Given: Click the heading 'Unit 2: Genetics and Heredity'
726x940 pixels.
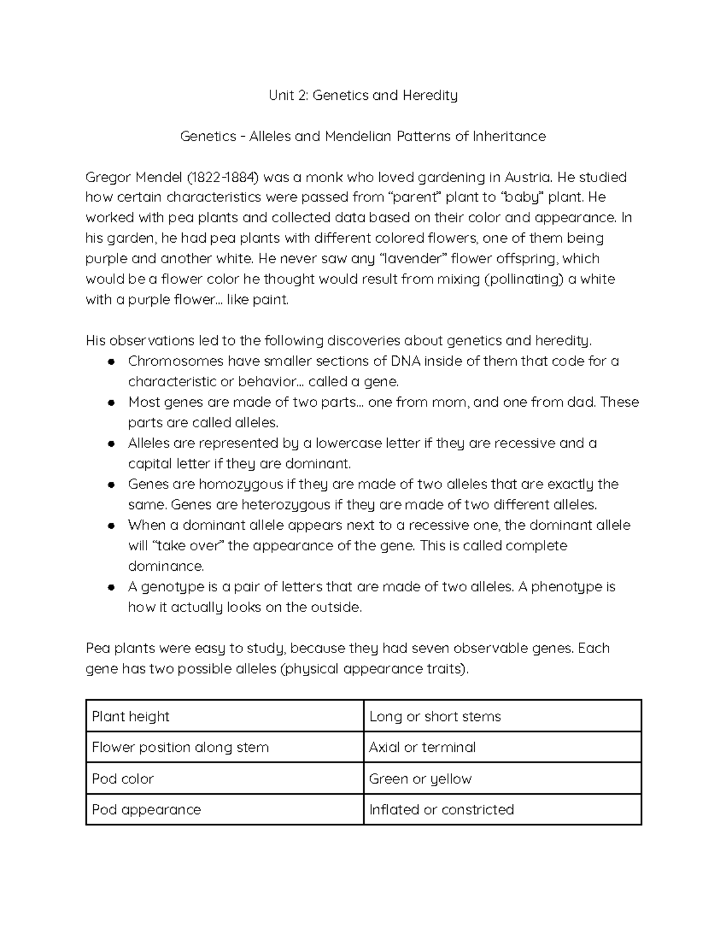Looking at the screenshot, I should coord(363,96).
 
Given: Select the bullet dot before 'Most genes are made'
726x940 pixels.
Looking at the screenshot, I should coord(111,403).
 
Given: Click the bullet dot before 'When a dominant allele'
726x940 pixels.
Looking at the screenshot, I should coord(111,525).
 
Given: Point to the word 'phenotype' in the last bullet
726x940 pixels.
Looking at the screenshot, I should coord(567,587).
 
